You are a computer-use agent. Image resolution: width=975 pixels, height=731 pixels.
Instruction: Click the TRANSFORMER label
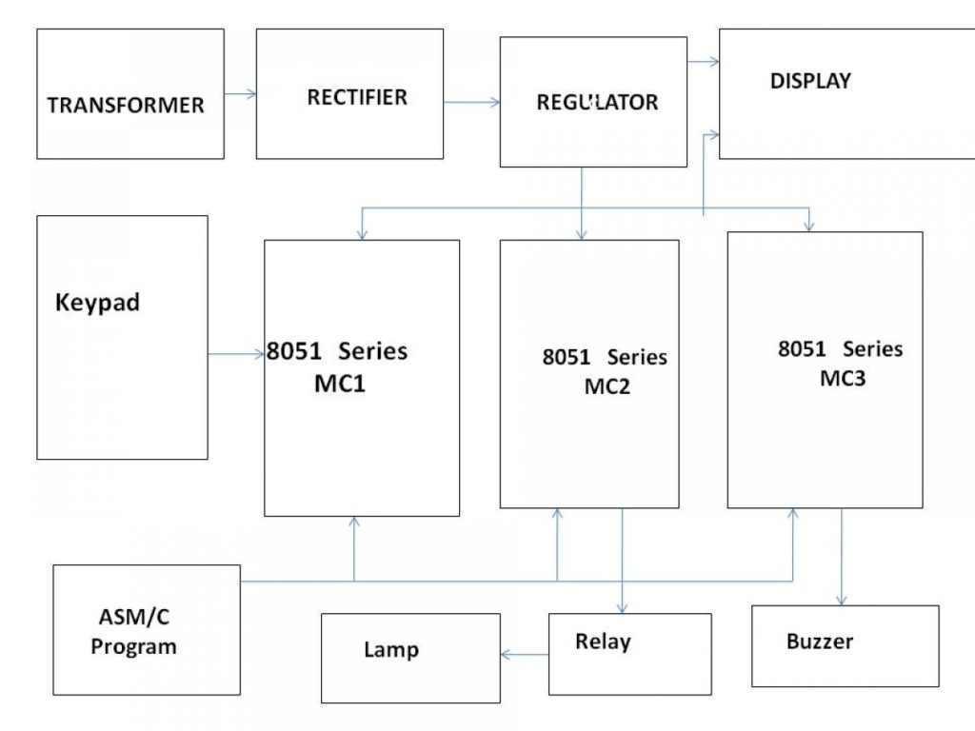pos(126,105)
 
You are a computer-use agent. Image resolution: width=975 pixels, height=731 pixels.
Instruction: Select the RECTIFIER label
pos(357,97)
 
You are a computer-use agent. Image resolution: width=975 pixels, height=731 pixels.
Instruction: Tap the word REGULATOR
pos(597,103)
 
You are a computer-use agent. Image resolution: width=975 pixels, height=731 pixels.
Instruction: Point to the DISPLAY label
pos(810,81)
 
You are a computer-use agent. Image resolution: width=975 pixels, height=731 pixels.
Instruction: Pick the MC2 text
pos(607,387)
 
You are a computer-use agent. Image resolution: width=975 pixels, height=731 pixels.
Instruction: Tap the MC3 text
pos(843,378)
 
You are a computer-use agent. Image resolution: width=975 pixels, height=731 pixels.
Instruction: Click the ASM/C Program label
pos(133,632)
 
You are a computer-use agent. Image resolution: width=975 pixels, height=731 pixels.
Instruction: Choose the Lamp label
pos(390,650)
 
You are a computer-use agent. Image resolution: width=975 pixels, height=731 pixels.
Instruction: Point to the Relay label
pos(602,642)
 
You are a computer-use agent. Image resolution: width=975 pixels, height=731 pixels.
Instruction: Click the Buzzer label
pos(819,642)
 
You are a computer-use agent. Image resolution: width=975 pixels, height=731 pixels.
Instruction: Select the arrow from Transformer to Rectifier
pos(240,93)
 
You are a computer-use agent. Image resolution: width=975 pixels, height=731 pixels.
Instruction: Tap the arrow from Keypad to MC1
pos(236,355)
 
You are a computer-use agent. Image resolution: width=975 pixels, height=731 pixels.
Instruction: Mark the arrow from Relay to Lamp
pos(525,654)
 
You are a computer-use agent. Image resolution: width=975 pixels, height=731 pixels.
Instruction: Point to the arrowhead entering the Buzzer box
pos(841,600)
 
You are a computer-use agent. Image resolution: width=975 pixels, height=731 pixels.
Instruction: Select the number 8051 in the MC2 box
pos(567,358)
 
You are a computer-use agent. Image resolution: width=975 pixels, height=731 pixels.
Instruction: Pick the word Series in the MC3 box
pos(872,349)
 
